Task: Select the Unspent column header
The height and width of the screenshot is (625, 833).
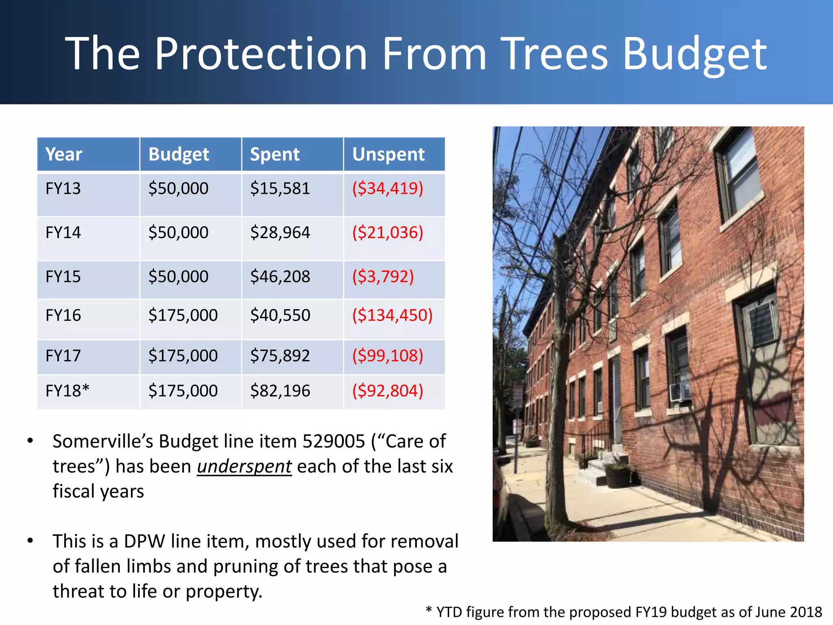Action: [388, 155]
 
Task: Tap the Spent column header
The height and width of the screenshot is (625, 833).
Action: [275, 155]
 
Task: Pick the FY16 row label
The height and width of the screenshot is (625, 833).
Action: [63, 315]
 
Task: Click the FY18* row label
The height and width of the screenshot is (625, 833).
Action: [67, 391]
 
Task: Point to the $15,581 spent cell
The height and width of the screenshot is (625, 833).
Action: [280, 188]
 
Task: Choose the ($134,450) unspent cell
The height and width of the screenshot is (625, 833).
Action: [392, 315]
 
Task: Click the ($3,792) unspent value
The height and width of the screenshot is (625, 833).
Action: [383, 277]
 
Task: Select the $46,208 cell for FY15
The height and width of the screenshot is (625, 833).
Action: [280, 277]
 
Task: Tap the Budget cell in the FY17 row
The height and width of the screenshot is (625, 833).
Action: [183, 356]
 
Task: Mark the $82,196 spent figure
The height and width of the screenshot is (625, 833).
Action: [280, 391]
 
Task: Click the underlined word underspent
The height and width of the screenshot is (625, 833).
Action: [244, 466]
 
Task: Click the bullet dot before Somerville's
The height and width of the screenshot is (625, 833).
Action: [30, 441]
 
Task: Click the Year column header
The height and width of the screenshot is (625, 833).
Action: [63, 155]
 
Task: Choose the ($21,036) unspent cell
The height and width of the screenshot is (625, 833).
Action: [387, 232]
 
